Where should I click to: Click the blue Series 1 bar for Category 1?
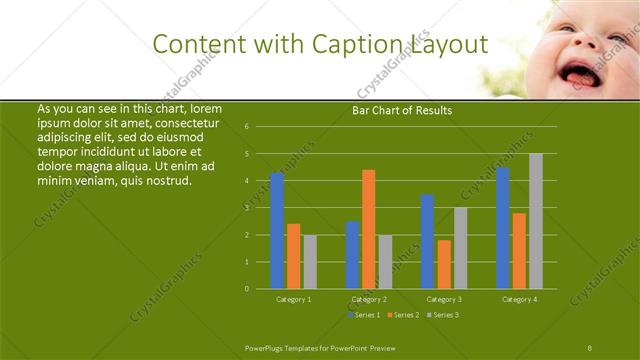277,230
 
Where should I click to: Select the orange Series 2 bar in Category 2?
369,229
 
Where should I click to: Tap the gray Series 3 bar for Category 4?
536,221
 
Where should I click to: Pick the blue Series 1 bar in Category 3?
428,241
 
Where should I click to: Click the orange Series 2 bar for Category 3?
444,264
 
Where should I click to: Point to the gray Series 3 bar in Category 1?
310,262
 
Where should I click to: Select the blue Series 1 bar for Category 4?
503,228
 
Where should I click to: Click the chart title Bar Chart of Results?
402,111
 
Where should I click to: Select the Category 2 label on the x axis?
369,299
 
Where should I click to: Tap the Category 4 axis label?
519,299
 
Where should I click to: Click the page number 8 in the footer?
590,347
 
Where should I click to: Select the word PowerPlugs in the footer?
268,347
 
